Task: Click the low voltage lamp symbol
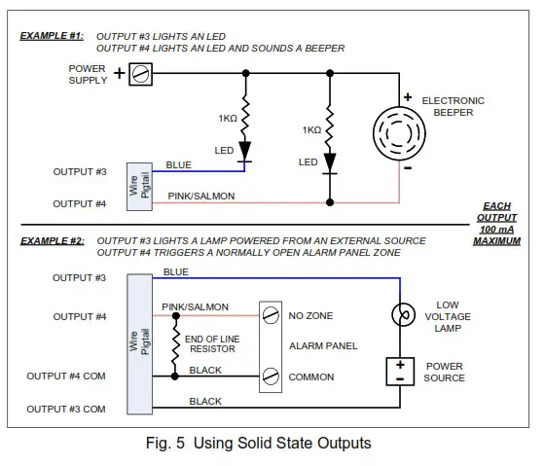point(399,316)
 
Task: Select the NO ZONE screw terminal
point(270,315)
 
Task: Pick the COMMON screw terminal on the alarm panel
point(270,376)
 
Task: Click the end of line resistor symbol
point(175,345)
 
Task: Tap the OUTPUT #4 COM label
point(66,376)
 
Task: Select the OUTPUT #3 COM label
point(66,409)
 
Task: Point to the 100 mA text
point(497,230)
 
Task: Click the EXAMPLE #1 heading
point(52,35)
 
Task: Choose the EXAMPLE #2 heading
point(52,240)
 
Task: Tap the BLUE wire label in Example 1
point(179,165)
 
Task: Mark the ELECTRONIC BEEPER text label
point(453,106)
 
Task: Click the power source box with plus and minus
point(399,370)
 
